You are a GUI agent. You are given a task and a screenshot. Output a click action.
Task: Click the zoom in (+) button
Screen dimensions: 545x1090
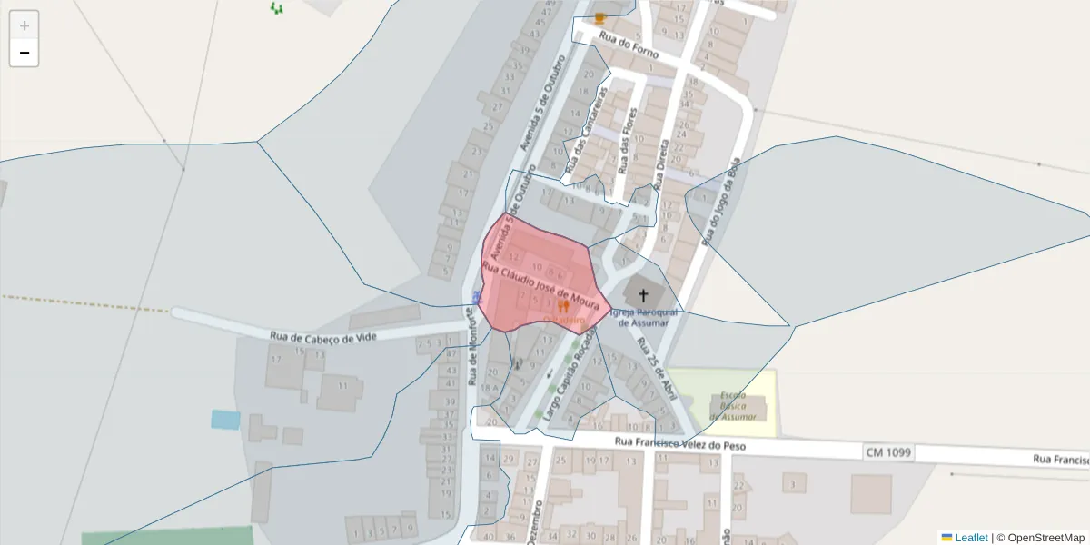click(x=25, y=25)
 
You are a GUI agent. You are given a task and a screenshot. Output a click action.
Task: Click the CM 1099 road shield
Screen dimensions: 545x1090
click(x=888, y=451)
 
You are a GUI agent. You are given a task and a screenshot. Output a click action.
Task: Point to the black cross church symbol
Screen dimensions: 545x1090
click(x=644, y=294)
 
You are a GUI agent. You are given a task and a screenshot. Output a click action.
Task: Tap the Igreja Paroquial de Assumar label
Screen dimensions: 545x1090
click(x=644, y=317)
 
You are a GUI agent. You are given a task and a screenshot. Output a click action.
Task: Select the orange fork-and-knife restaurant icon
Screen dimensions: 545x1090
click(x=563, y=307)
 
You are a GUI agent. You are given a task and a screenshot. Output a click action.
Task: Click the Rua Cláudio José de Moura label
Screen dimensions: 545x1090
click(x=540, y=283)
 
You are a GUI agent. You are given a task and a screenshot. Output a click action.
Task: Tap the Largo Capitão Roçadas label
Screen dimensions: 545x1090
click(x=570, y=375)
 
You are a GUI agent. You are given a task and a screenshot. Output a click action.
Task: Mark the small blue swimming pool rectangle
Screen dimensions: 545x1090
click(x=225, y=419)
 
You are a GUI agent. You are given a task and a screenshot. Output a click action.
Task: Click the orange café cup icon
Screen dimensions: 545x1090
click(x=599, y=17)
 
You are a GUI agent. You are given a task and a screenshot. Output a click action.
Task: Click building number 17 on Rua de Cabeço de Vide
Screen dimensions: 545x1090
click(x=276, y=360)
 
